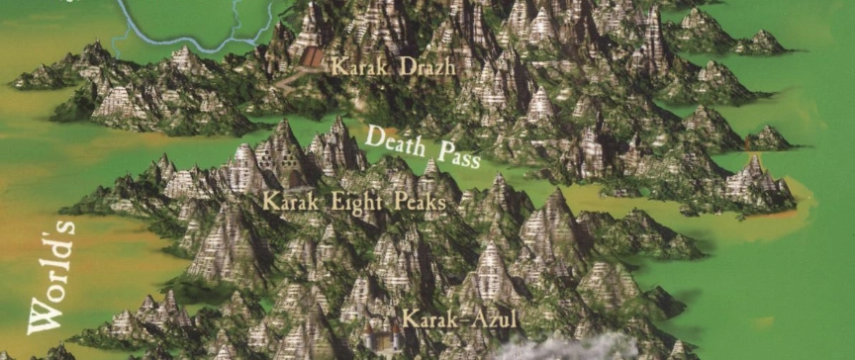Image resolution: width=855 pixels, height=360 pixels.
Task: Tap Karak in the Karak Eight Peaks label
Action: point(286,201)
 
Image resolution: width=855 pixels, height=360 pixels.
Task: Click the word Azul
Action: point(490,319)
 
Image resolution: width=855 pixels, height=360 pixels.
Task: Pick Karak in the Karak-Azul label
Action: point(429,319)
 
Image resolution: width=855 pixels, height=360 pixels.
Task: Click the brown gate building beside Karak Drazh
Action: point(312,57)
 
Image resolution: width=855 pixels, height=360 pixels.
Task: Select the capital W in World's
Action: point(46,317)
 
